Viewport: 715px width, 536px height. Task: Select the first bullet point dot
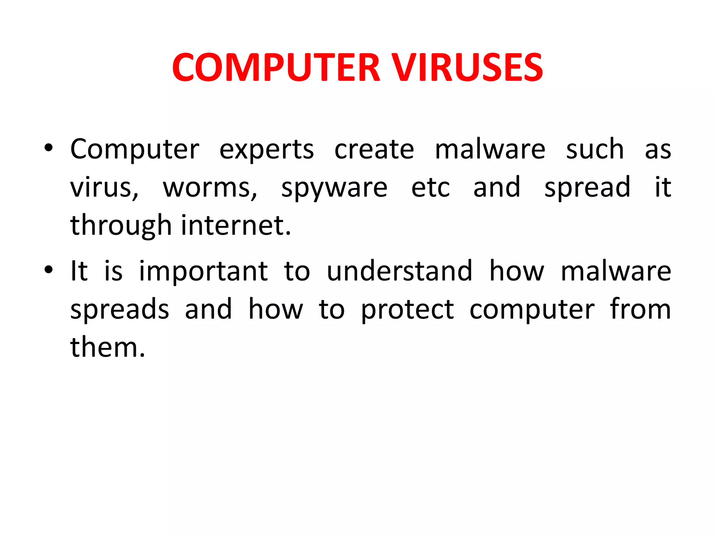[x=49, y=148]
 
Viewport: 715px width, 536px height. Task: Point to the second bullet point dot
[x=49, y=270]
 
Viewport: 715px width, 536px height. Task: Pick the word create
[x=374, y=149]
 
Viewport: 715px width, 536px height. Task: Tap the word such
[x=595, y=149]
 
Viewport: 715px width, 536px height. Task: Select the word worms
[x=209, y=188]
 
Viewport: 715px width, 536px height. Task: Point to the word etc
[x=430, y=188]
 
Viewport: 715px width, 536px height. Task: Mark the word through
[x=121, y=226]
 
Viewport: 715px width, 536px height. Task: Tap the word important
[x=204, y=272]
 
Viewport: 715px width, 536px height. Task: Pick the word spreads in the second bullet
[x=120, y=310]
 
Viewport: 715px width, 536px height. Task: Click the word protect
[x=407, y=310]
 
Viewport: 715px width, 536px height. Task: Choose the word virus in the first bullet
[x=104, y=188]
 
